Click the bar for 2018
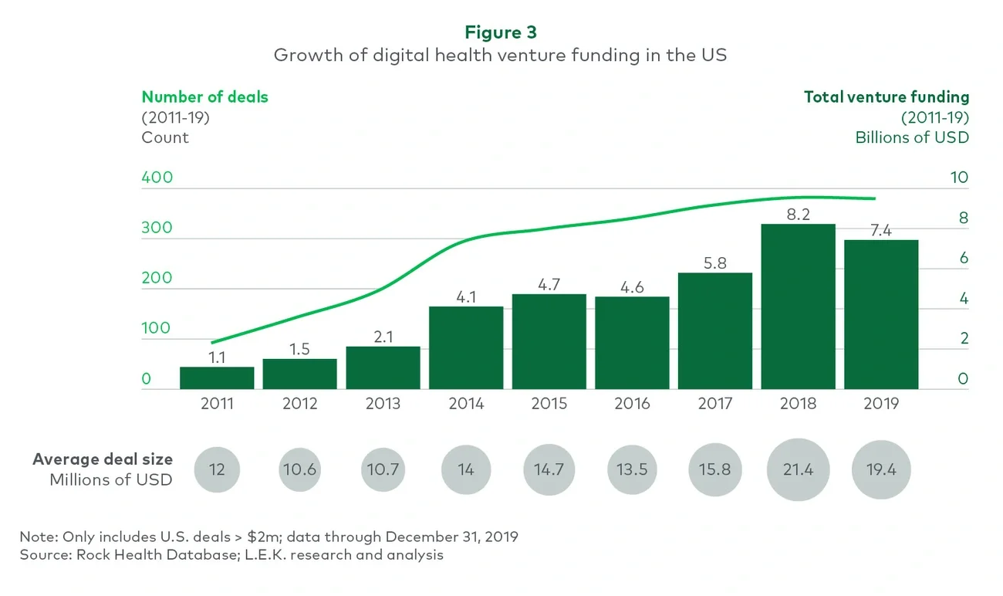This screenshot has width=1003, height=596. (798, 306)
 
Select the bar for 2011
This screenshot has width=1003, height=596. (217, 378)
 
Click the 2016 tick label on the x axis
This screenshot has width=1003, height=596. (632, 404)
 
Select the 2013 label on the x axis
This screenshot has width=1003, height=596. (383, 404)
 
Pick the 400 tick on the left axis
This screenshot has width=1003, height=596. (157, 178)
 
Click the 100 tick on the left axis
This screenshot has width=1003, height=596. (157, 328)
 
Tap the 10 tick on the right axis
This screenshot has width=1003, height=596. (958, 178)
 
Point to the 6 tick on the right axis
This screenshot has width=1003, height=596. (963, 258)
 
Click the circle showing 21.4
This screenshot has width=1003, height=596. (798, 469)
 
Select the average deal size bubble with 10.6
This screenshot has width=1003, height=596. (299, 469)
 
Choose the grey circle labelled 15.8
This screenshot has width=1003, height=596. (714, 469)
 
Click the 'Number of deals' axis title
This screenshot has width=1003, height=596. (204, 97)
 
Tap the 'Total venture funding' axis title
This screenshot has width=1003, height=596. (886, 97)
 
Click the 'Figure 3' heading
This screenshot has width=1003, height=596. (501, 32)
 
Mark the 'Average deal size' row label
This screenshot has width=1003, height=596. (103, 459)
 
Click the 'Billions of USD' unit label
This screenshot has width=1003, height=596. (911, 137)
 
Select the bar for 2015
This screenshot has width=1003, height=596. (549, 341)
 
